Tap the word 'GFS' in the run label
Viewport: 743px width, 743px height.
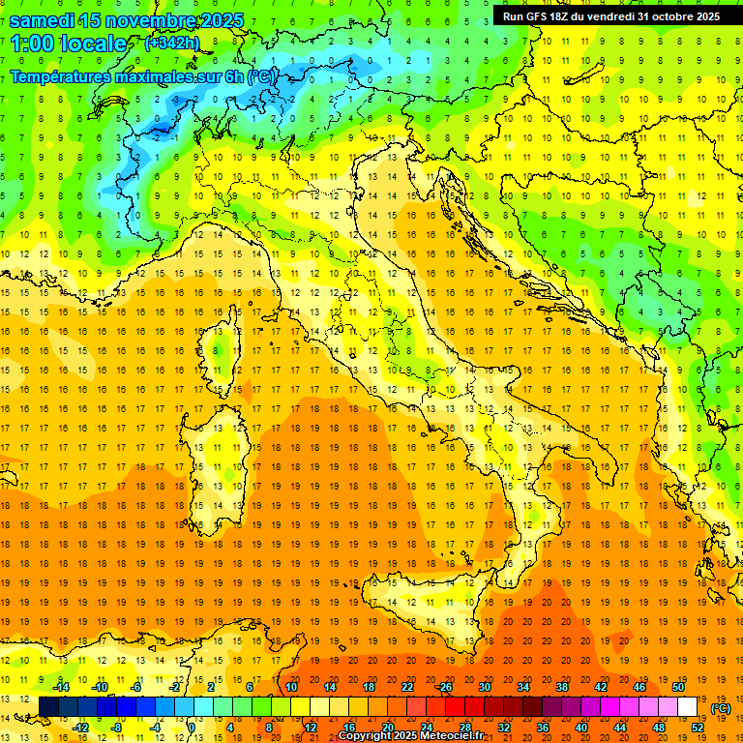click(542, 16)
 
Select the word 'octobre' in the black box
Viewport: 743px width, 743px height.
click(669, 16)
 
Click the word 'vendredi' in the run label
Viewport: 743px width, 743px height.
click(608, 16)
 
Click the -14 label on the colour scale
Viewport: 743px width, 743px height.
click(63, 688)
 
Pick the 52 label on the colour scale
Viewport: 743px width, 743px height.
click(698, 728)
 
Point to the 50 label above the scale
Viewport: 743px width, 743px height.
click(678, 688)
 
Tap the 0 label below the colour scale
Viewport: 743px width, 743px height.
click(193, 728)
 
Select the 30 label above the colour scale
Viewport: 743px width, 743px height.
click(485, 688)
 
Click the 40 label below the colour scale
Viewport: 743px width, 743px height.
click(581, 728)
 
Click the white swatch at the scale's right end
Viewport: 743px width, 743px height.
click(688, 707)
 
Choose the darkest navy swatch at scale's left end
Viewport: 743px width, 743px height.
click(48, 707)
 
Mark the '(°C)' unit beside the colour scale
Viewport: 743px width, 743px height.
click(721, 708)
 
